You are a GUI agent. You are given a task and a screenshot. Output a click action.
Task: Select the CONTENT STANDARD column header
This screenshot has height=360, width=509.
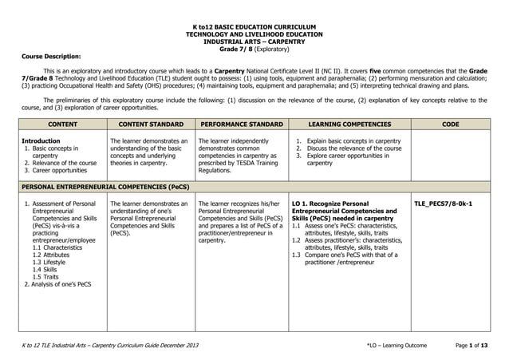point(150,125)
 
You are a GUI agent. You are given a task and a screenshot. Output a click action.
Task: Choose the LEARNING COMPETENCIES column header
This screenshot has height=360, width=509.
point(349,125)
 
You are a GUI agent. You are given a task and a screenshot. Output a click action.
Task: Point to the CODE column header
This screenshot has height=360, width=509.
point(450,125)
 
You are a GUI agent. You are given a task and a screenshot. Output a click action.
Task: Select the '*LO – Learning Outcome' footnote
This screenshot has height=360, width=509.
point(397,345)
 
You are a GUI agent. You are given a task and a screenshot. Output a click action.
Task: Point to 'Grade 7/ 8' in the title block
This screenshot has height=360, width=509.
point(235,48)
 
